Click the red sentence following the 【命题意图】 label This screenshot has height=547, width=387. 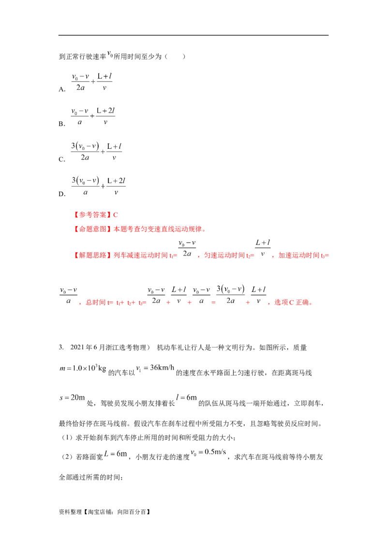click(160, 230)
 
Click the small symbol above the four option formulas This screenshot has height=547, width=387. click(109, 54)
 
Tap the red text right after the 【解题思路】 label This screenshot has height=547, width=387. click(145, 255)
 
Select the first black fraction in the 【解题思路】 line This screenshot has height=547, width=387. click(185, 249)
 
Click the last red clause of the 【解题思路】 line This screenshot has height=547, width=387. click(302, 255)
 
